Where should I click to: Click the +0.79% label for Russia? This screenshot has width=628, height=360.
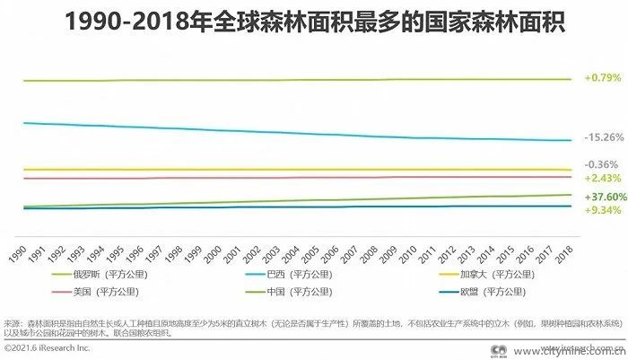tap(602, 78)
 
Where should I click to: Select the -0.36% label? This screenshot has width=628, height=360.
tap(601, 164)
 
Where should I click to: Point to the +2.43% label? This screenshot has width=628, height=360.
tap(602, 178)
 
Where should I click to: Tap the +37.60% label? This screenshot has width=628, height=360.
tap(604, 197)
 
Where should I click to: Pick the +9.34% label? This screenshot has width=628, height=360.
tap(602, 209)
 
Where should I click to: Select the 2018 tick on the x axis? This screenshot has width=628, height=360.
tap(563, 251)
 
